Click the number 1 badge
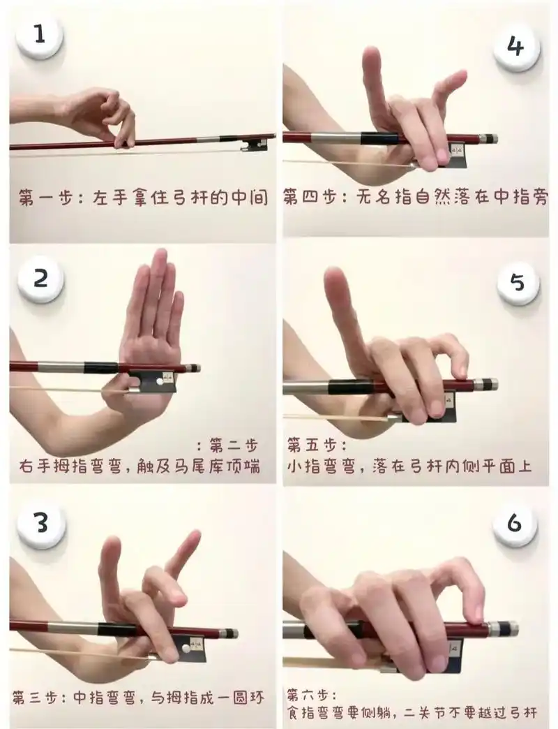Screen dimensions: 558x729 (x=40, y=36)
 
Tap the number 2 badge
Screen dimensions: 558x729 (x=40, y=279)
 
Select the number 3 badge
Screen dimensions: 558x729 (x=41, y=523)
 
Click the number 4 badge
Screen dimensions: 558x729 (x=515, y=47)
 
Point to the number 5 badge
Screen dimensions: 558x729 (x=518, y=282)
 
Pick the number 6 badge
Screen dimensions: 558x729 (x=515, y=524)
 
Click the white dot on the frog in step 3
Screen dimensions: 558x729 (x=186, y=647)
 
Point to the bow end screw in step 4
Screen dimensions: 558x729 (x=489, y=139)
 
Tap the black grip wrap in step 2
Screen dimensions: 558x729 (x=101, y=368)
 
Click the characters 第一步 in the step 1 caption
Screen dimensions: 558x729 (x=45, y=197)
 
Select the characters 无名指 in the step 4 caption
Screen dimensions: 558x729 (x=384, y=197)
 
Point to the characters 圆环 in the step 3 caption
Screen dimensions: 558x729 (x=248, y=698)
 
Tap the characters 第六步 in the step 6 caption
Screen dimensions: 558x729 (x=308, y=695)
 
